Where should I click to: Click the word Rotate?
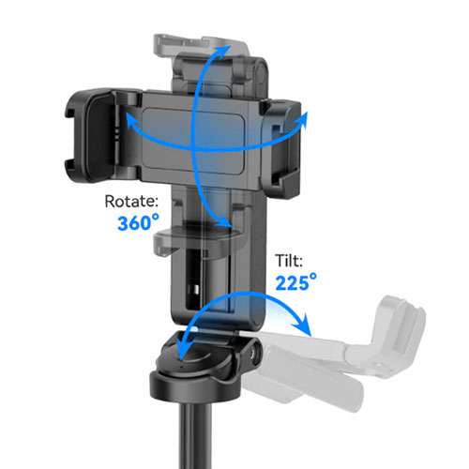pyautogui.click(x=131, y=202)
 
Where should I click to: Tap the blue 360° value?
pyautogui.click(x=138, y=222)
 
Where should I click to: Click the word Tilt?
pyautogui.click(x=289, y=261)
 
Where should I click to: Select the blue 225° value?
pyautogui.click(x=295, y=282)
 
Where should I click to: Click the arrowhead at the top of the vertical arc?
pyautogui.click(x=223, y=52)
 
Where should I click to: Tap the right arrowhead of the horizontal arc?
pyautogui.click(x=302, y=120)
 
